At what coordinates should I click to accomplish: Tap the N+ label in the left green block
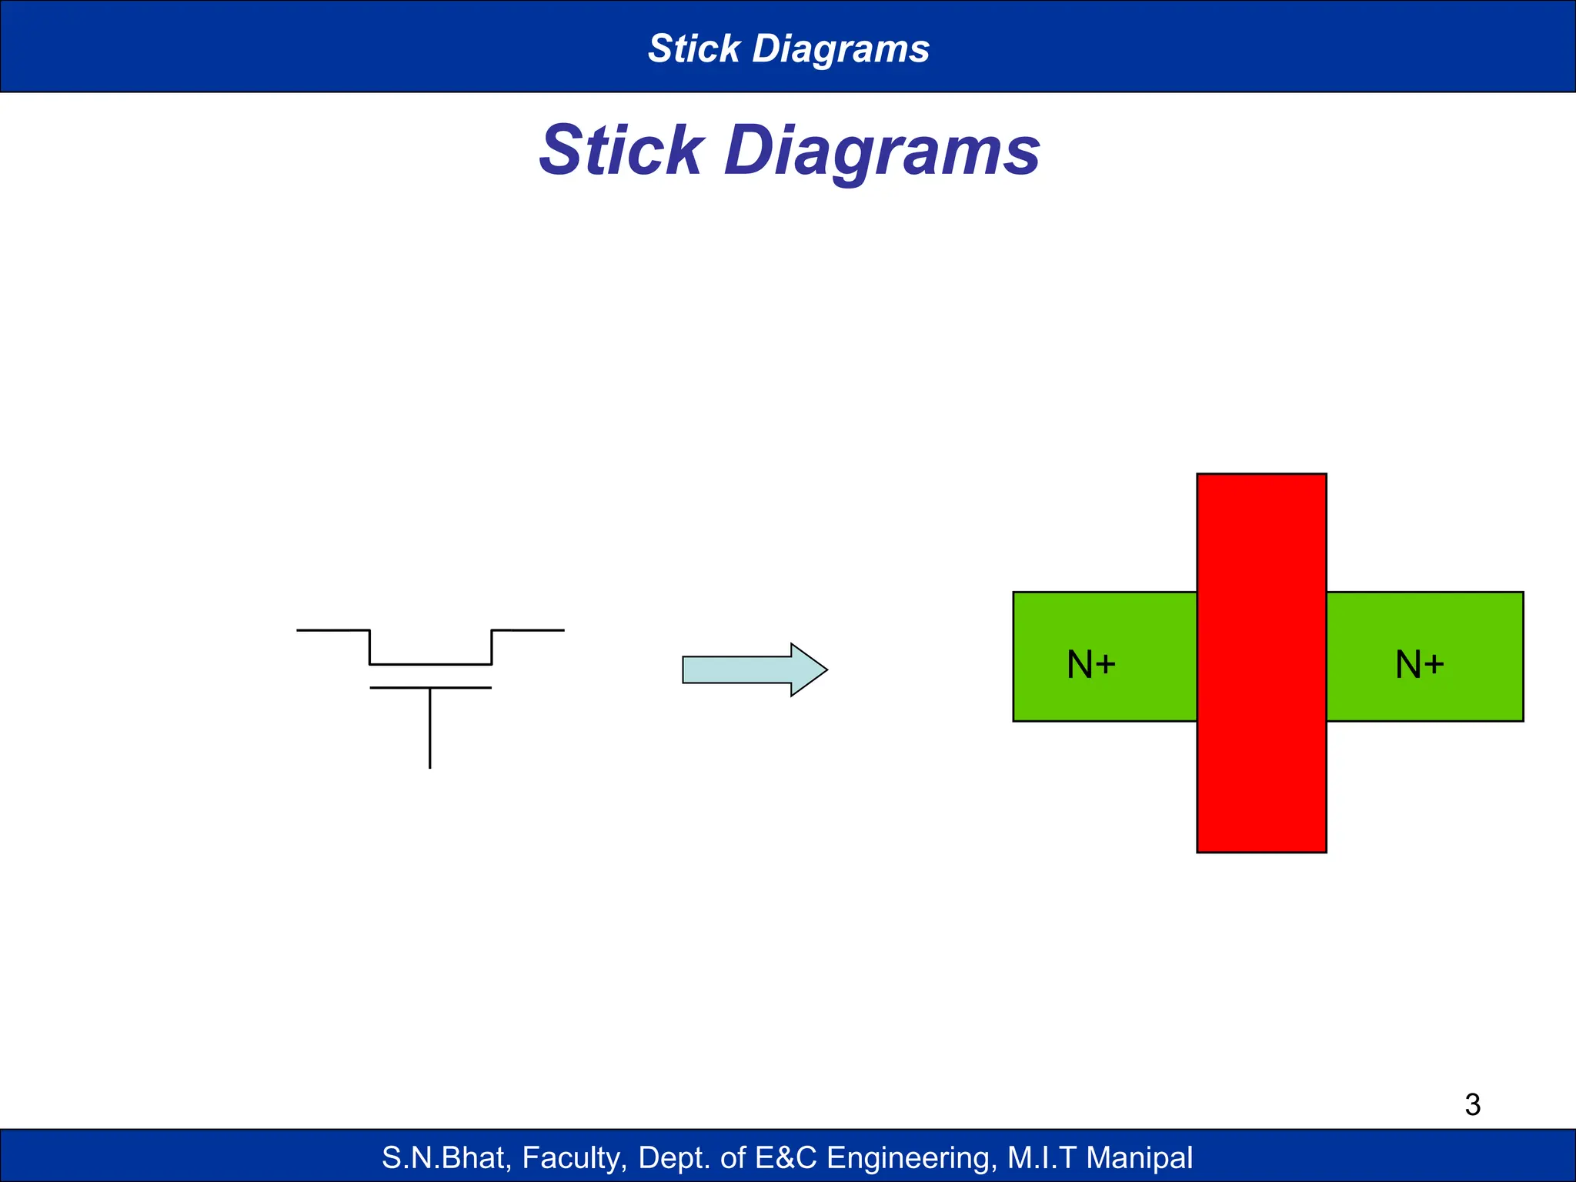[1090, 664]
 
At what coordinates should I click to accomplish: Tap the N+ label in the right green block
[1419, 664]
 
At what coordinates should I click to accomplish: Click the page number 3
[1472, 1105]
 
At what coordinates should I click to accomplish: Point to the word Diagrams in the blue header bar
[840, 48]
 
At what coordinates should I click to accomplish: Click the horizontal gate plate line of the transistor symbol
[430, 687]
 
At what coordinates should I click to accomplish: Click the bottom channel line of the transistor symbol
[430, 663]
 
